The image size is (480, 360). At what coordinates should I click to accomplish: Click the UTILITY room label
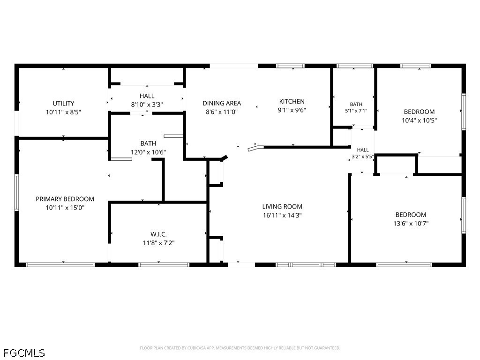coord(63,104)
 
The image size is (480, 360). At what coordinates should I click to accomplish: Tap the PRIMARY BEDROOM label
coord(65,199)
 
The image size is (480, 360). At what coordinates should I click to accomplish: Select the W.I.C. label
coord(158,234)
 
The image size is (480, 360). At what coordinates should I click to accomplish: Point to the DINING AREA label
coord(222,103)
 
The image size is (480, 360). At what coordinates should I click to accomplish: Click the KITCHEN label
coord(292,101)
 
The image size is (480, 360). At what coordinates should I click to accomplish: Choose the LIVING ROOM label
coord(282,207)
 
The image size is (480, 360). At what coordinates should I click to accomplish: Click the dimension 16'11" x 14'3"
coord(282,215)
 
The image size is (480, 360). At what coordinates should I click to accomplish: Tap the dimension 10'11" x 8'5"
coord(63,112)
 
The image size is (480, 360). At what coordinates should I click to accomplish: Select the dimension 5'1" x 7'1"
coord(356,111)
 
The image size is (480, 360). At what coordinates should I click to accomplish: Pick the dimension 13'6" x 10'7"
coord(411,224)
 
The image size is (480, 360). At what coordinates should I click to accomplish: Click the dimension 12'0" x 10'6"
coord(148,152)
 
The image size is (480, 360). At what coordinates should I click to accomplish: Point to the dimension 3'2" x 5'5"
coord(363,157)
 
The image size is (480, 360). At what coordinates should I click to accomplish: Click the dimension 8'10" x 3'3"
coord(147,105)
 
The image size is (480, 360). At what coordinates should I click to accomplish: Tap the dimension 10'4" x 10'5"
coord(419,120)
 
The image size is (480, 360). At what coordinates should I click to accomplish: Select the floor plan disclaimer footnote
coord(240,348)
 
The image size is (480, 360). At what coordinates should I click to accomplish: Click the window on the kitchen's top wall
coord(290,66)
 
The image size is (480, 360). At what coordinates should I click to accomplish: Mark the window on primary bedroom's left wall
coord(16,192)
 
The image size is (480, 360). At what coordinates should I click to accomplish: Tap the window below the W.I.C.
coord(164,265)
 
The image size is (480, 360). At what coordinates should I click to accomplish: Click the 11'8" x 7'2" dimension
coord(158,243)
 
